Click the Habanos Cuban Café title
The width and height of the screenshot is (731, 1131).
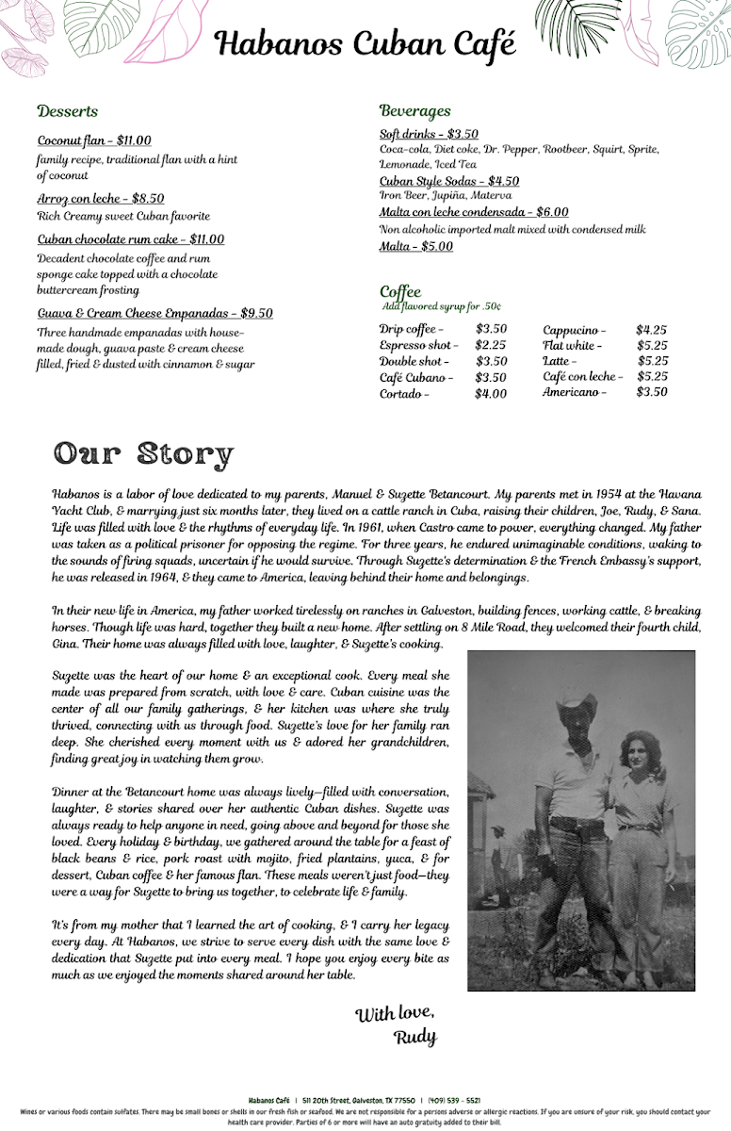click(365, 43)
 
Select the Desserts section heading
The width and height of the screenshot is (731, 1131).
click(67, 111)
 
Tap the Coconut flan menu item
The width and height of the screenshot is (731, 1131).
click(93, 141)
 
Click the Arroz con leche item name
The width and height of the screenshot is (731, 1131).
click(100, 199)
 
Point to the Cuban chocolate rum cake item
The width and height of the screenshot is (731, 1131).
click(130, 239)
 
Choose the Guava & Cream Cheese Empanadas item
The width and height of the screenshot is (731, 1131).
click(154, 314)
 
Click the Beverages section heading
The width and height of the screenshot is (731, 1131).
click(414, 111)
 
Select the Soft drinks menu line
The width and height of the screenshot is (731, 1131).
click(429, 134)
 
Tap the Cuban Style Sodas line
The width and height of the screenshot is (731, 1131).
click(448, 181)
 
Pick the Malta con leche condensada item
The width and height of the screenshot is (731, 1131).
click(473, 212)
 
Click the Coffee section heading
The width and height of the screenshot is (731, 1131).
click(400, 291)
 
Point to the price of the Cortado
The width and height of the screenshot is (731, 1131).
click(490, 394)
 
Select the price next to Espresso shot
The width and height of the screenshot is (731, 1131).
click(490, 346)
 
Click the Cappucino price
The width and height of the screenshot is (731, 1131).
click(651, 330)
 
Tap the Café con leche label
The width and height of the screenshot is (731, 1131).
click(582, 377)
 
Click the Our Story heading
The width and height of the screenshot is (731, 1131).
click(143, 453)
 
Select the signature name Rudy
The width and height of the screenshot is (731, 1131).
click(415, 1037)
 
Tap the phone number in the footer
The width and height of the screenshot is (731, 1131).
click(454, 1100)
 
